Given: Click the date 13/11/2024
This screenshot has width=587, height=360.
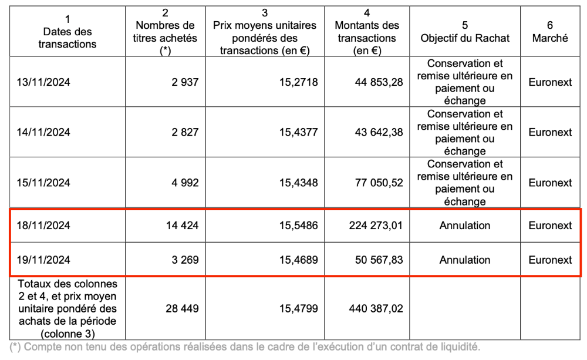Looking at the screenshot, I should point(43,82).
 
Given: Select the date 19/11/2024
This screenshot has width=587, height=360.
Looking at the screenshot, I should point(43,260).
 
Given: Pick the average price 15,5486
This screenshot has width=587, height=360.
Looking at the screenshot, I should point(298,225).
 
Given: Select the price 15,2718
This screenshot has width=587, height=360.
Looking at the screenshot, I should point(298,82).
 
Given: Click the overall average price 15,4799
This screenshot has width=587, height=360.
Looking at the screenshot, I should point(298,308).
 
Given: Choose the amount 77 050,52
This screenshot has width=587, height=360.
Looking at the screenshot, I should point(379,183).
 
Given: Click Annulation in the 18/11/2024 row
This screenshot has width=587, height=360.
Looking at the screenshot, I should point(465,225).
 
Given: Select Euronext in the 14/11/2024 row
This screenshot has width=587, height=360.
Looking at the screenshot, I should point(550,132).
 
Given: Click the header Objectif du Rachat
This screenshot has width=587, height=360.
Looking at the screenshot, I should point(465,38).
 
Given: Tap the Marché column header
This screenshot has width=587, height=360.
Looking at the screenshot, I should point(550,38).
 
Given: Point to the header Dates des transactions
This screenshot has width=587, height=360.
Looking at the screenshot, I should point(67,38).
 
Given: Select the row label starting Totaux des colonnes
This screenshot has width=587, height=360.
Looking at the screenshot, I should point(67,308).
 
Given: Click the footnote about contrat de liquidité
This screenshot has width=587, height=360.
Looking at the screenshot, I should point(245,347).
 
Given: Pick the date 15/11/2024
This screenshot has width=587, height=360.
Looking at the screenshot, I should point(43,183).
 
